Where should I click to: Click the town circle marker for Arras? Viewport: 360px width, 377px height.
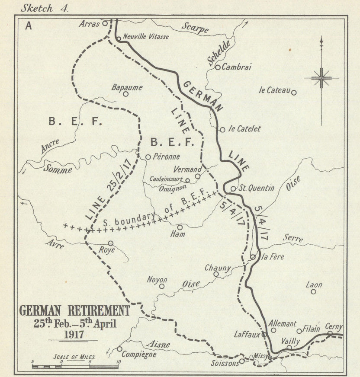click(105, 23)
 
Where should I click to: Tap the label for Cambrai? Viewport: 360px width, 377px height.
click(236, 67)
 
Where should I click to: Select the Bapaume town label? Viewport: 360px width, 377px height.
click(127, 87)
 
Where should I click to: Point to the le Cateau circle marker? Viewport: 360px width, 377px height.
click(294, 92)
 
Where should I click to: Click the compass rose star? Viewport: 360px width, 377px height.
click(321, 78)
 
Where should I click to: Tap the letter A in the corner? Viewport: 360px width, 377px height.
click(29, 26)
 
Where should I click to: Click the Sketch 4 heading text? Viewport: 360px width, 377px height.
click(45, 7)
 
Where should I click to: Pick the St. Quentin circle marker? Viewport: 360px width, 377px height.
click(233, 188)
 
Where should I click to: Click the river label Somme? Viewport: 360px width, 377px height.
click(57, 169)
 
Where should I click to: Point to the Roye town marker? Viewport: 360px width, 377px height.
click(111, 243)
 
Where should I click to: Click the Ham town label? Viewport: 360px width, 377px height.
click(178, 234)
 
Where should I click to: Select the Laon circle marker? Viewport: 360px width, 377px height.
click(313, 291)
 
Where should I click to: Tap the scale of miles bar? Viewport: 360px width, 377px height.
click(75, 367)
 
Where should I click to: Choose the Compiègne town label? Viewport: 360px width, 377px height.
click(139, 354)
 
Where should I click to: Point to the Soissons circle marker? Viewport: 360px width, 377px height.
click(242, 361)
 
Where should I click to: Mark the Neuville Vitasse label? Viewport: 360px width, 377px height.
click(146, 37)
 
